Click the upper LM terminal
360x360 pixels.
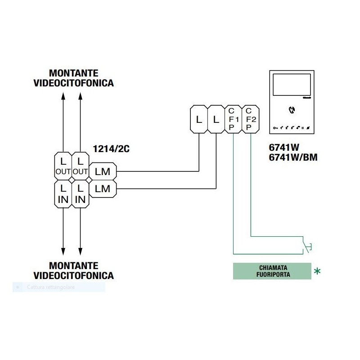103,171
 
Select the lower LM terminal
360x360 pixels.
103,189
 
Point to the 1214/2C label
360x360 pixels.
111,149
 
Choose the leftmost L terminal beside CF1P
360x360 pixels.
199,120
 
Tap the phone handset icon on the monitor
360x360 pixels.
291,109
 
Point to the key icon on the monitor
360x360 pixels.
275,128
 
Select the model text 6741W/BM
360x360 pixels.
289,158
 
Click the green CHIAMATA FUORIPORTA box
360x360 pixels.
272,271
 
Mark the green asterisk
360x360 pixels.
318,271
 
